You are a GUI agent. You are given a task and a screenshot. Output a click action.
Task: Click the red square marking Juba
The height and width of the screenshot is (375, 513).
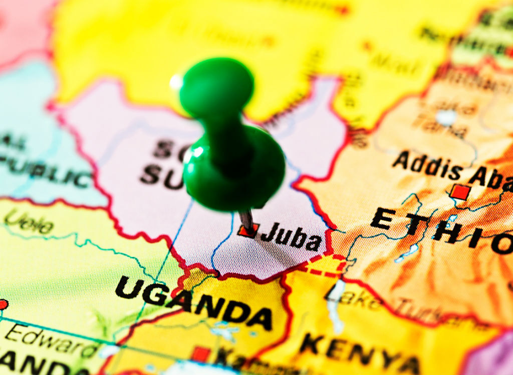click(x=248, y=230)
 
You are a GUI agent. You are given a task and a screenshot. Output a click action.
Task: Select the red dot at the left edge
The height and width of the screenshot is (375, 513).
click(x=3, y=304)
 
